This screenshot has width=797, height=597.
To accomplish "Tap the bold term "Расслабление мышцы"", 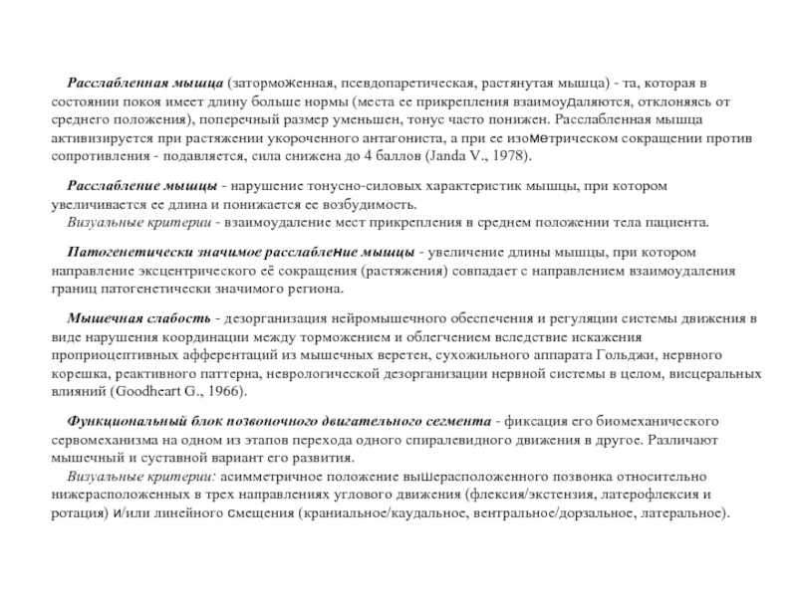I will point(141,187).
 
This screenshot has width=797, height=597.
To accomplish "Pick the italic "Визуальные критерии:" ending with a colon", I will point(133,475).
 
